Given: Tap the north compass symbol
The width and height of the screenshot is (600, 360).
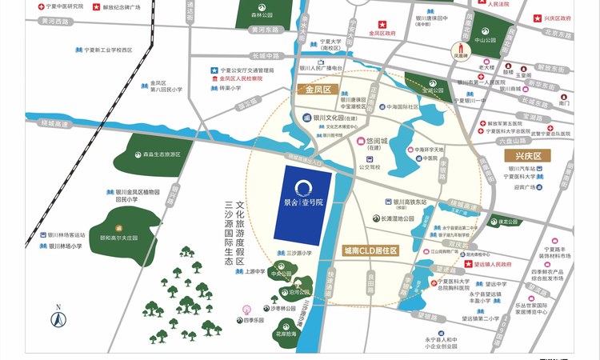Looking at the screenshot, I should click(58, 318).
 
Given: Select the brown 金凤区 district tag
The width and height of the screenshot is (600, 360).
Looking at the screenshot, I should click(318, 90).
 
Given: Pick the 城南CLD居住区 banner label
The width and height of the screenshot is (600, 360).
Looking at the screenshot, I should click(370, 250).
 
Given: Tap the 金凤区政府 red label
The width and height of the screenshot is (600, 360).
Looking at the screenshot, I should click(382, 34).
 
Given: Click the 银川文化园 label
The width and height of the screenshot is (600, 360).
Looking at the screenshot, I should click(332, 117).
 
